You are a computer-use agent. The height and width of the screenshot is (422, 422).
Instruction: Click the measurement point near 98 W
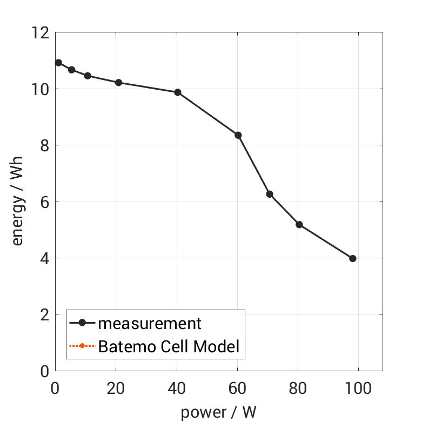(x=353, y=258)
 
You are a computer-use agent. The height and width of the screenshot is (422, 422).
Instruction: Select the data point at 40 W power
(x=177, y=92)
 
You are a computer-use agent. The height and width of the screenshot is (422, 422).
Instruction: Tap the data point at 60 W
(x=238, y=135)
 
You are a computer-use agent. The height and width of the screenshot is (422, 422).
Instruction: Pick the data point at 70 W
(x=269, y=194)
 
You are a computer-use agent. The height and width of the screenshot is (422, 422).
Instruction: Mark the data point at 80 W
(x=299, y=225)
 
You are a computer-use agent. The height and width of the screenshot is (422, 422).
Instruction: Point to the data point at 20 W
(x=118, y=83)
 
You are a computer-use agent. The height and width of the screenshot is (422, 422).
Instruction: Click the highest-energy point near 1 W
(x=58, y=63)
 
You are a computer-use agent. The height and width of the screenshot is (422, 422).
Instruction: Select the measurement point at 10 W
(x=88, y=76)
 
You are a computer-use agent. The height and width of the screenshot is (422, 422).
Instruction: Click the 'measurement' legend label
(x=150, y=324)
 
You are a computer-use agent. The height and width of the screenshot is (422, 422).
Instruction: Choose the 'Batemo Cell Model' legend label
(x=169, y=346)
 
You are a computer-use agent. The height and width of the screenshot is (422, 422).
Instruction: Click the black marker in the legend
(x=82, y=324)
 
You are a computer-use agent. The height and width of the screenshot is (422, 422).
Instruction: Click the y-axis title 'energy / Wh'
(x=18, y=202)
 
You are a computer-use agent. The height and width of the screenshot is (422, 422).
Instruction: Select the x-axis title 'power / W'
(x=218, y=412)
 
